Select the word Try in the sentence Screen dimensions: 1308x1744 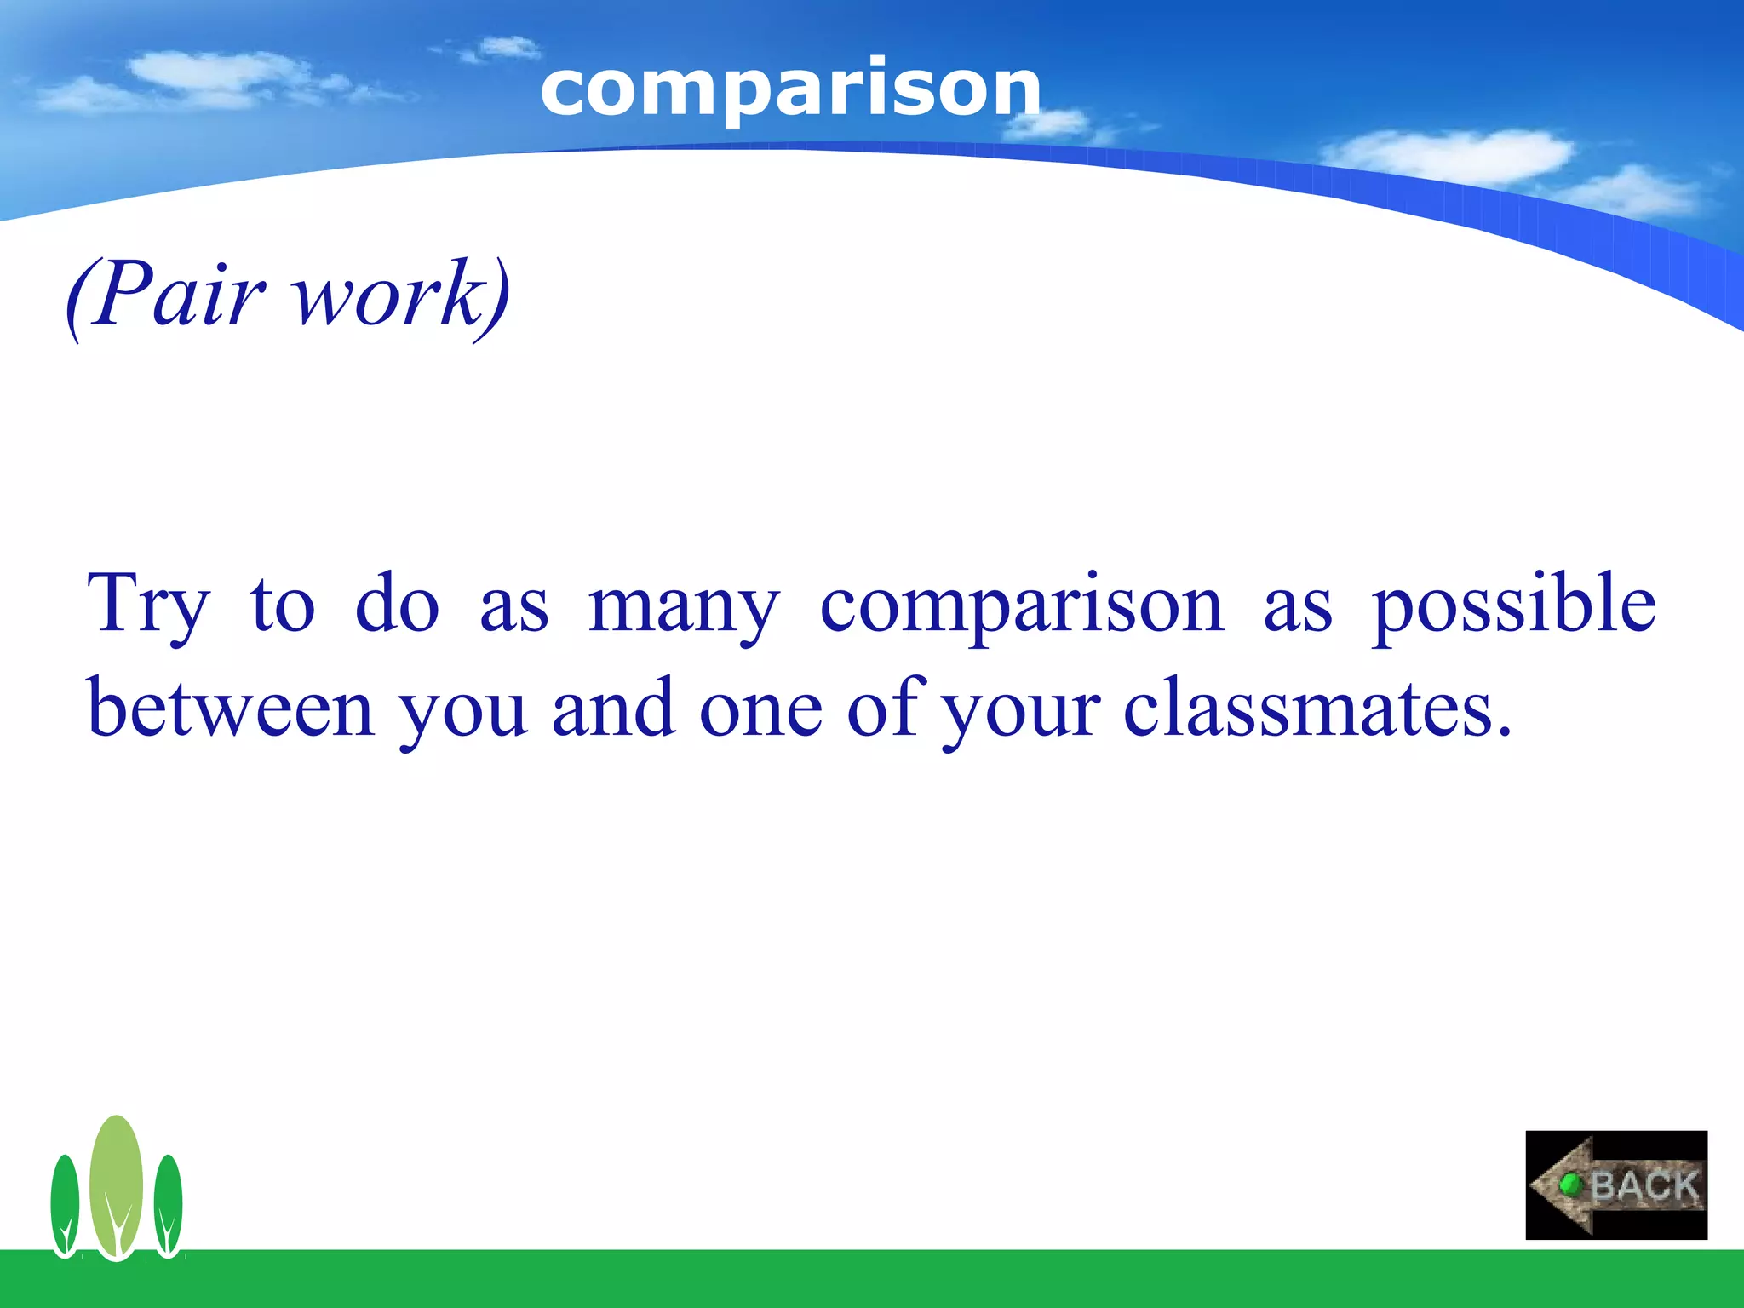click(x=148, y=606)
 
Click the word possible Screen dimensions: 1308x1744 click(x=1513, y=606)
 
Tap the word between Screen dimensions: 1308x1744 click(x=231, y=708)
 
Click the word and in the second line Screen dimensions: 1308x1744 click(x=613, y=708)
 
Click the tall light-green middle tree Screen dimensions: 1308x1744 click(x=116, y=1184)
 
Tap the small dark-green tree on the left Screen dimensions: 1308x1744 click(x=65, y=1205)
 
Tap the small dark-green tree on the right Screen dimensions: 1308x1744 click(x=168, y=1205)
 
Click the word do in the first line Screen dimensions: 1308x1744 click(x=397, y=606)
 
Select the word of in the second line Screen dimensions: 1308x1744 click(x=886, y=708)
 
